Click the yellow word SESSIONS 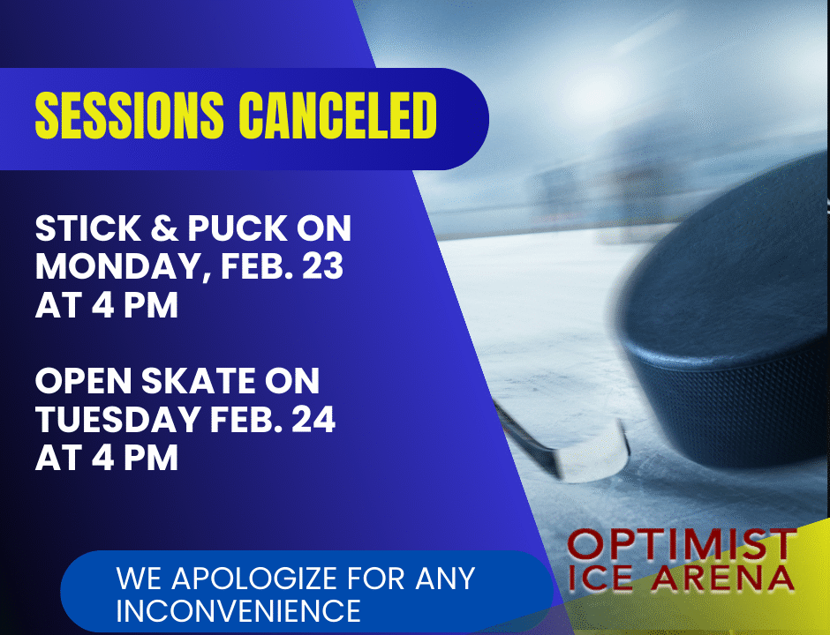coord(129,116)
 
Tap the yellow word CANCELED coord(337,116)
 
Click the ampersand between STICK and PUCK coord(164,228)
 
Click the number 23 coord(323,266)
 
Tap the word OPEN coord(83,381)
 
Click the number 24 coord(313,419)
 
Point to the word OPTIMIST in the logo coord(683,543)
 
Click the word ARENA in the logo coord(722,578)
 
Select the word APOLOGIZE coord(254,578)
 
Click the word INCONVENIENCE coord(238,610)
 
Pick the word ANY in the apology coord(445,578)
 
